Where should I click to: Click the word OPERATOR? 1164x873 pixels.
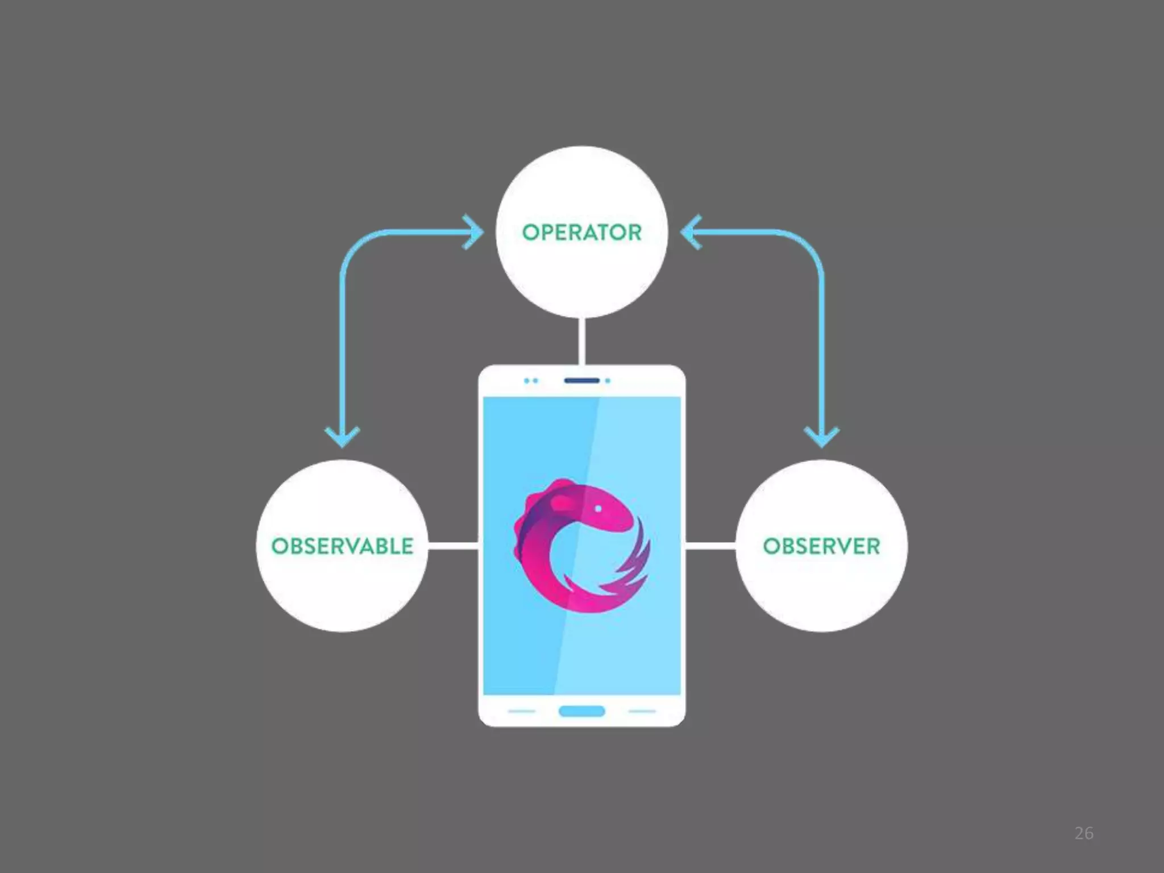[x=581, y=232]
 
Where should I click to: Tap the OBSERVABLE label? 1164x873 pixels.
[x=342, y=546]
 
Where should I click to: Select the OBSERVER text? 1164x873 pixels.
[x=821, y=546]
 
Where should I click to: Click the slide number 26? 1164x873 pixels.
[x=1083, y=833]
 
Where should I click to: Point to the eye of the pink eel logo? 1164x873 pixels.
[x=598, y=509]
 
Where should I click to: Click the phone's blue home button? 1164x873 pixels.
[x=581, y=711]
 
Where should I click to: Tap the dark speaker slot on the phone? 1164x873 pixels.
[x=581, y=380]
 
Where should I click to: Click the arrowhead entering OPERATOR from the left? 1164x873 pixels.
[x=474, y=232]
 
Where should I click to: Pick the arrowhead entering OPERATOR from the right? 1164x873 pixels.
[x=690, y=232]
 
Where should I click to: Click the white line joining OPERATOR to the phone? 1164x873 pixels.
[x=581, y=341]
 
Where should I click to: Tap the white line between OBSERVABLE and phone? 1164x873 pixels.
[x=453, y=546]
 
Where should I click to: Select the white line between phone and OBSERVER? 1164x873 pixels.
[x=710, y=546]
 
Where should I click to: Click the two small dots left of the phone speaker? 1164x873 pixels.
[x=531, y=380]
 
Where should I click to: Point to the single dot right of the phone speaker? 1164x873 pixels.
[x=608, y=380]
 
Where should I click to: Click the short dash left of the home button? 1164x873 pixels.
[x=521, y=711]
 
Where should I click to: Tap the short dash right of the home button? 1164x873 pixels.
[x=642, y=711]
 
